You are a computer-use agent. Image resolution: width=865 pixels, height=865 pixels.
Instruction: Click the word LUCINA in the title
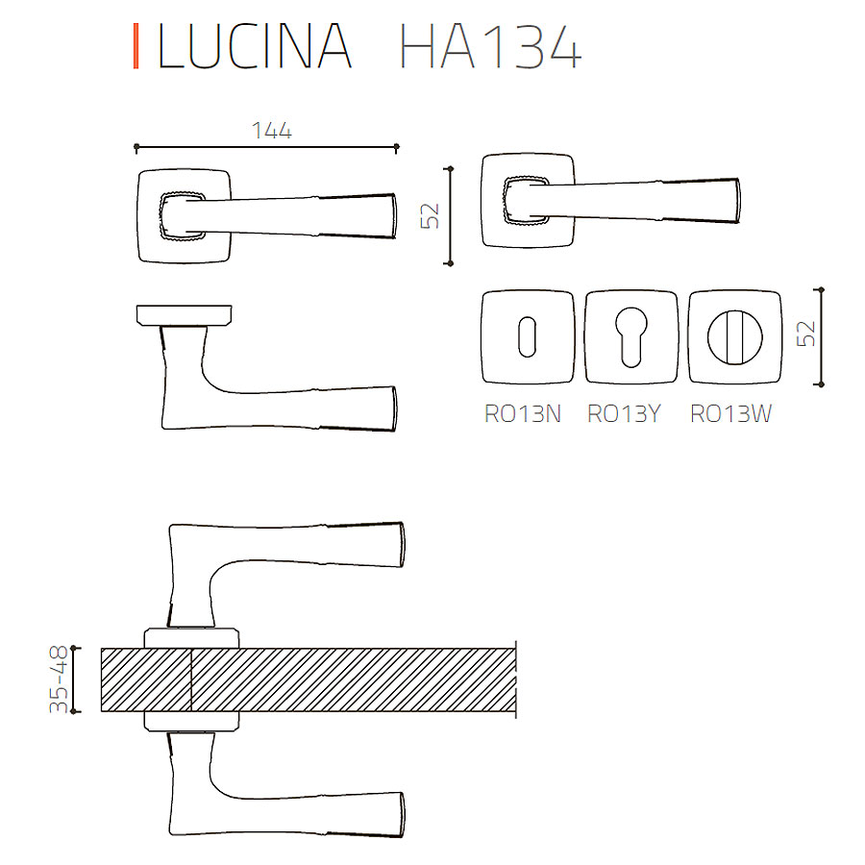tap(255, 46)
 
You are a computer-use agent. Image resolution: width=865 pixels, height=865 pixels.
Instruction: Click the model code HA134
tap(490, 46)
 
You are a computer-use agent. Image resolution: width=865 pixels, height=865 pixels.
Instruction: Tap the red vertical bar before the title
tap(136, 46)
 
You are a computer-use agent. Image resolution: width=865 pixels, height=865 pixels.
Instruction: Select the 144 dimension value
tap(271, 131)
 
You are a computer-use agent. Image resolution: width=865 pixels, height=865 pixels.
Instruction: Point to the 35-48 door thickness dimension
tap(59, 680)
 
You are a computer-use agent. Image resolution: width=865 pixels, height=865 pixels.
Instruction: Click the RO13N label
tap(523, 413)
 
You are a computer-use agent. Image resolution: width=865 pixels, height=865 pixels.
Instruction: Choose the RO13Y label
tap(624, 413)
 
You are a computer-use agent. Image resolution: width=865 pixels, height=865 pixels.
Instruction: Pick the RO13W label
tap(731, 413)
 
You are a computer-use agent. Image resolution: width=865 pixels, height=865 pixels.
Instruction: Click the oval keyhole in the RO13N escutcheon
tap(528, 336)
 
